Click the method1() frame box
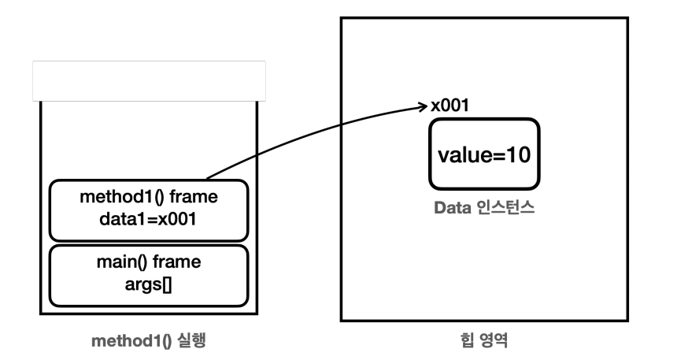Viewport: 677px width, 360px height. (149, 210)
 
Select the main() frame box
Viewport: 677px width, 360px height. (149, 275)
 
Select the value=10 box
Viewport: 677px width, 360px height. (484, 154)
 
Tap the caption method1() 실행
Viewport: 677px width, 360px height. (148, 343)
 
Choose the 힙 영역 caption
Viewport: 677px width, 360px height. (484, 343)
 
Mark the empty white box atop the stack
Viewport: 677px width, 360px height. (149, 80)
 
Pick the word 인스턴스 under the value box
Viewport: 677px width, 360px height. (501, 210)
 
